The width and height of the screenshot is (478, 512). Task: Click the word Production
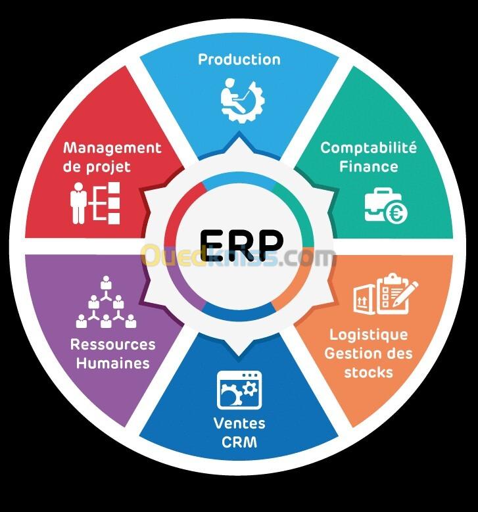[x=239, y=60]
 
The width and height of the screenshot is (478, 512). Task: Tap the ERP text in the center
[x=241, y=245]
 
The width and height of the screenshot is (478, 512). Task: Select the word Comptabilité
[x=369, y=148]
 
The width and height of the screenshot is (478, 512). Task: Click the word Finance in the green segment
[x=369, y=166]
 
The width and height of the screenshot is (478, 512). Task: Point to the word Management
[x=112, y=149]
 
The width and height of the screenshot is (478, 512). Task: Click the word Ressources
[x=112, y=345]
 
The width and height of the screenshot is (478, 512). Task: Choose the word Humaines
[x=112, y=363]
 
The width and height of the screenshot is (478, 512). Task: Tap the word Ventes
[x=239, y=423]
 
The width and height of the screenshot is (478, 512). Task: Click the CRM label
[x=239, y=442]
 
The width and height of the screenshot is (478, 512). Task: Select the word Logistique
[x=369, y=335]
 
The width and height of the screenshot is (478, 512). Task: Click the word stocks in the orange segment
[x=369, y=373]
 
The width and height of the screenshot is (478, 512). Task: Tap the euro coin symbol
[x=396, y=213]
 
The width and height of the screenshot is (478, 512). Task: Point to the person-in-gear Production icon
[x=242, y=101]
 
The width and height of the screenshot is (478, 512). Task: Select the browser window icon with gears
[x=239, y=390]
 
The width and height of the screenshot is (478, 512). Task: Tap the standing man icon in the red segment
[x=78, y=203]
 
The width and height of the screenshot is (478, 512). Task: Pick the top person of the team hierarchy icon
[x=106, y=283]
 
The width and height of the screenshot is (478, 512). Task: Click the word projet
[x=108, y=167]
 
